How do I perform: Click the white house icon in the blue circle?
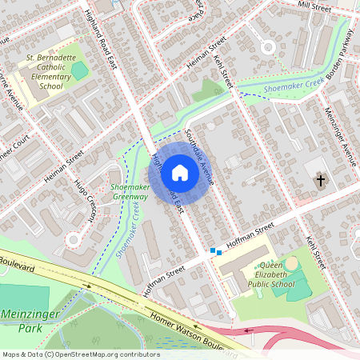180,171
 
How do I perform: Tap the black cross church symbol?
321,181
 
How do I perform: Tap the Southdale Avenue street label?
198,155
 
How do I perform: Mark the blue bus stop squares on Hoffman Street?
216,252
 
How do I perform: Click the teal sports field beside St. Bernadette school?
79,70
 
